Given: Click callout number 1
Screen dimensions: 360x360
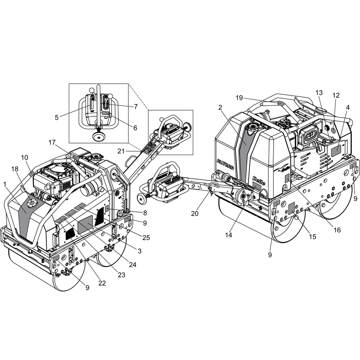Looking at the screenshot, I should (5, 184).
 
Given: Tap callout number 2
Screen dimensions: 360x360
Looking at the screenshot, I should (220, 107).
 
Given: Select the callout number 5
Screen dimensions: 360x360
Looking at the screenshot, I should (57, 117).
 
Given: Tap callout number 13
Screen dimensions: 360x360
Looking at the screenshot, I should (319, 92).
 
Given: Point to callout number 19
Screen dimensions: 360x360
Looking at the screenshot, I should (239, 97).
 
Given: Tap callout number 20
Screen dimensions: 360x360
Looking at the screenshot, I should (194, 213).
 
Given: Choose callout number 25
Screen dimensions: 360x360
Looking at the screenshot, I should (147, 237).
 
